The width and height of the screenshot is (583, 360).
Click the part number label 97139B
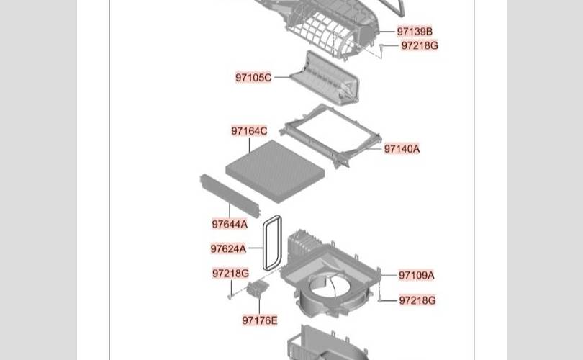[x=415, y=32]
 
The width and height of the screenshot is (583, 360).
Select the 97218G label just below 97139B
[x=419, y=45]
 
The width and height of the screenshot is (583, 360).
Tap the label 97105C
[x=253, y=77]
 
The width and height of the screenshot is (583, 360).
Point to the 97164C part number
[x=249, y=131]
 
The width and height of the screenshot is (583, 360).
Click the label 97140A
[x=402, y=149]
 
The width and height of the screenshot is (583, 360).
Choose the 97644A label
[x=230, y=224]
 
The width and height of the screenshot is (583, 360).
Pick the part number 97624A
[x=228, y=249]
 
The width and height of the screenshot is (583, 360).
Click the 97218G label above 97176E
[x=230, y=274]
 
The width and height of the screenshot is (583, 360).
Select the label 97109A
[x=417, y=275]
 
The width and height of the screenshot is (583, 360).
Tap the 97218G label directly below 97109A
[x=417, y=300]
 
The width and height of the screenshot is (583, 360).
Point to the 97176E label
[x=260, y=320]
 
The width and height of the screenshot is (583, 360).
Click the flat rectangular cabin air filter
[x=274, y=170]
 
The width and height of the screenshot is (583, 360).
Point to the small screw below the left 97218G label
[x=230, y=294]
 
